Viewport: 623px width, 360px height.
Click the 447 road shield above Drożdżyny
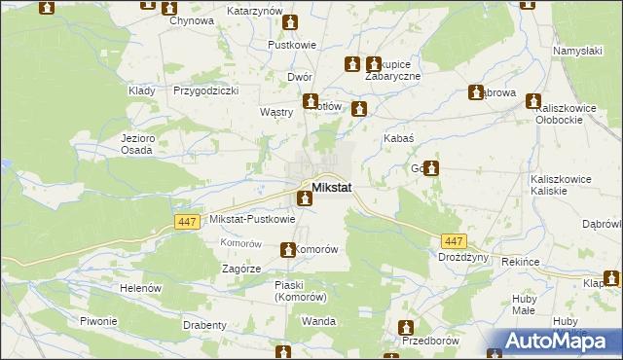pyautogui.click(x=453, y=241)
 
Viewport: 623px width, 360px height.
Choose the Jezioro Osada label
pyautogui.click(x=138, y=144)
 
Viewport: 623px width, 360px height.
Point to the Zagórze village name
pyautogui.click(x=240, y=268)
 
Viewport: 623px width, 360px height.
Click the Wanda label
pyautogui.click(x=319, y=321)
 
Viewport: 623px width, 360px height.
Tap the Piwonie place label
pyautogui.click(x=98, y=321)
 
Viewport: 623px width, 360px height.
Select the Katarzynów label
pyautogui.click(x=254, y=10)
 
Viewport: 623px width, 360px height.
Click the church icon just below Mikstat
pyautogui.click(x=305, y=199)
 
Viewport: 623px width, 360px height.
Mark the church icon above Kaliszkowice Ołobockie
pyautogui.click(x=533, y=100)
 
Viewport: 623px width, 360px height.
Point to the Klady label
pyautogui.click(x=142, y=90)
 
